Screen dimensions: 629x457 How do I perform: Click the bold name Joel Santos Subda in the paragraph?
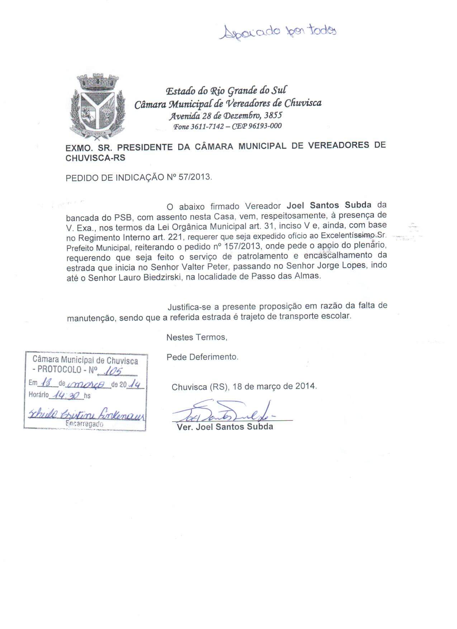tap(329, 206)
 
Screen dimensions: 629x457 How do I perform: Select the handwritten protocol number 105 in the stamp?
tap(115, 372)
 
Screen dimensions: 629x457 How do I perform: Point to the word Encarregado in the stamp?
tap(85, 424)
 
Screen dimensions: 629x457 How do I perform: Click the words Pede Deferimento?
tap(203, 357)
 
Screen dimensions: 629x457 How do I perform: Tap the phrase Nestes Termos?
tap(197, 337)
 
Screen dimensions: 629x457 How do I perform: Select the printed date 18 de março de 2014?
tap(275, 387)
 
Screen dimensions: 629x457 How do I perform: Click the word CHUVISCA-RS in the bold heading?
tap(96, 158)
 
